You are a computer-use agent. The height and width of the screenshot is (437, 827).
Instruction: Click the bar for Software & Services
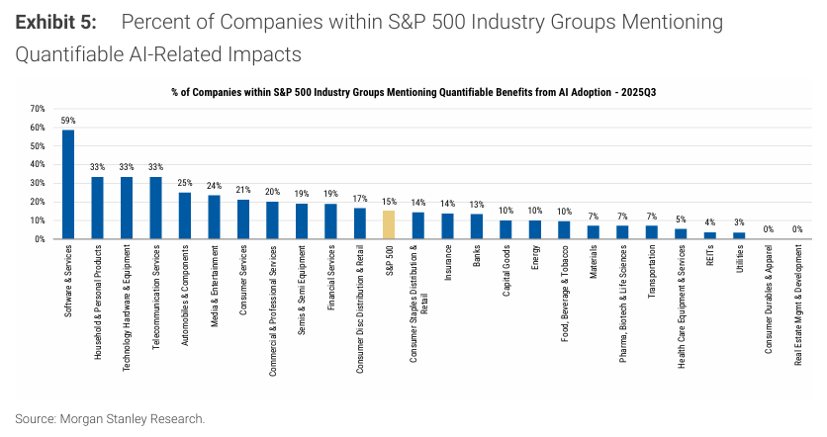click(x=68, y=185)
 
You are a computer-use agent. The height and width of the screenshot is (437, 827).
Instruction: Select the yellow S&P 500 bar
click(x=389, y=225)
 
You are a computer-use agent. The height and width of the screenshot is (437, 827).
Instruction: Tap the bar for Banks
click(x=476, y=227)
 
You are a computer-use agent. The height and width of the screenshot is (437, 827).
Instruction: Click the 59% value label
click(x=68, y=121)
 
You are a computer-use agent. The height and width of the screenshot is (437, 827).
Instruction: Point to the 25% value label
click(x=185, y=183)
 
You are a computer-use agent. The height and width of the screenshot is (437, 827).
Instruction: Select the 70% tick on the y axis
click(x=38, y=109)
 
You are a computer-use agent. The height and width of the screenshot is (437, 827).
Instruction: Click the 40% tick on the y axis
click(x=38, y=165)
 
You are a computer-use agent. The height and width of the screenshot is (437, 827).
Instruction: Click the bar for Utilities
click(x=739, y=236)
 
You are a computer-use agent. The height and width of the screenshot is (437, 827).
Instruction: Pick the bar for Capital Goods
click(x=505, y=229)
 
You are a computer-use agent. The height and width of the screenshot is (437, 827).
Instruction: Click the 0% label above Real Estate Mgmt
click(x=797, y=229)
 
